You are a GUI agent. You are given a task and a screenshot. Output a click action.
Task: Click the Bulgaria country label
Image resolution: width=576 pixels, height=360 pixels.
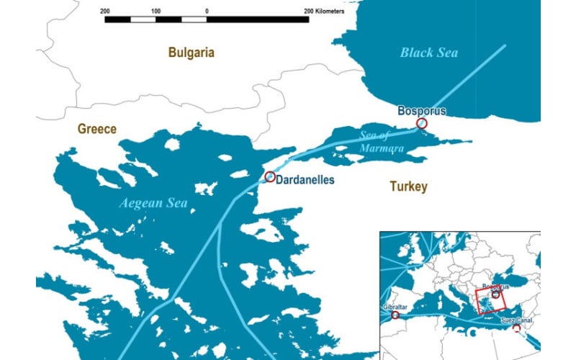[x=191, y=53]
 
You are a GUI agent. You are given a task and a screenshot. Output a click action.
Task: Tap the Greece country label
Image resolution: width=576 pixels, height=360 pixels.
[x=97, y=129]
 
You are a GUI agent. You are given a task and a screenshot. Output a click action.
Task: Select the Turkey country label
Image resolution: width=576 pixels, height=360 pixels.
[x=408, y=187]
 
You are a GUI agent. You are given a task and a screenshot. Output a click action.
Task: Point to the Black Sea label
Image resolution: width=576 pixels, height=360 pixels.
[x=429, y=53]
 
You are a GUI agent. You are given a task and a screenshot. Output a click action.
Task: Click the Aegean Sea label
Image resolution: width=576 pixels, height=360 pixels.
[x=153, y=204]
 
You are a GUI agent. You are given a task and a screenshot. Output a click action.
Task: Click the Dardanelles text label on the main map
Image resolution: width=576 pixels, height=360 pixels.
[x=305, y=180]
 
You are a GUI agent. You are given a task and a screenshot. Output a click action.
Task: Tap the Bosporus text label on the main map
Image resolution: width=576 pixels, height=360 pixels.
[x=422, y=111]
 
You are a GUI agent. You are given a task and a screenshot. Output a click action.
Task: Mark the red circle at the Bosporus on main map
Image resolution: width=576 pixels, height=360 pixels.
[x=422, y=124]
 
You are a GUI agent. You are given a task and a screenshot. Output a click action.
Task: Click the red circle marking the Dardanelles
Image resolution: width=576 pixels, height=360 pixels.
[x=270, y=177]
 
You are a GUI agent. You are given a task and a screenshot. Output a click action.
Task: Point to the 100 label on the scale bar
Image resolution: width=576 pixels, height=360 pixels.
[x=156, y=12]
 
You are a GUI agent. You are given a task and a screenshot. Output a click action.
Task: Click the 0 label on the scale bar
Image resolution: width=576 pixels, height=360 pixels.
[x=207, y=12]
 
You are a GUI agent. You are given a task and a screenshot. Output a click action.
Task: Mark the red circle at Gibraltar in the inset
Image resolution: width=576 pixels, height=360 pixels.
[x=395, y=315]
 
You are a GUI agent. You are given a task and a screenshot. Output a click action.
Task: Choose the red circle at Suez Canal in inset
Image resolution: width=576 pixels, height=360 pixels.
[x=516, y=328]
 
